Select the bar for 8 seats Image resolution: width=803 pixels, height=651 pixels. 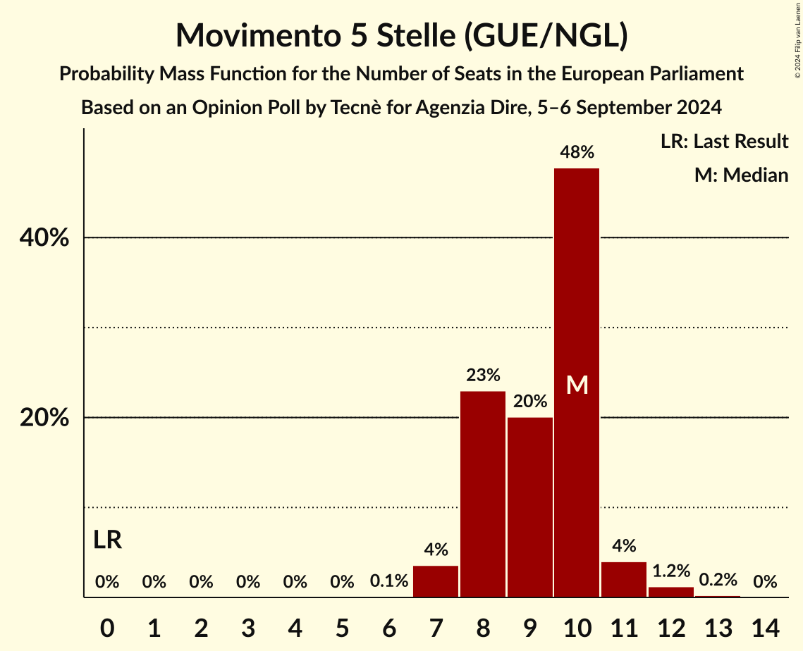483,494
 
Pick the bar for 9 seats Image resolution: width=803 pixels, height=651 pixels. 530,507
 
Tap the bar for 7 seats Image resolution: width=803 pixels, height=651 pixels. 436,581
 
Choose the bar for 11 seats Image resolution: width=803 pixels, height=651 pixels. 624,579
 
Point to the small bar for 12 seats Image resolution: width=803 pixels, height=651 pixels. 671,592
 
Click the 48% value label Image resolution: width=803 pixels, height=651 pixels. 577,151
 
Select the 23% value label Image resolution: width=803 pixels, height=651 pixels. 483,375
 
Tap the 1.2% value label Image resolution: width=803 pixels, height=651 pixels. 671,571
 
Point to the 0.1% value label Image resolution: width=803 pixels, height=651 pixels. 389,581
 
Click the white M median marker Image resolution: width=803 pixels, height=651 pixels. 577,385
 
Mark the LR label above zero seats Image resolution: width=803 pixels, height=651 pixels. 107,540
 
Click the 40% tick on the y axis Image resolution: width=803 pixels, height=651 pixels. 44,238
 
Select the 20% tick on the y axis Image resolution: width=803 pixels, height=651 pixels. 44,418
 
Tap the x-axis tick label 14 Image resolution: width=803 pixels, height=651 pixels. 765,626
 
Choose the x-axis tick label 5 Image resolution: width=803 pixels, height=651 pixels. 342,626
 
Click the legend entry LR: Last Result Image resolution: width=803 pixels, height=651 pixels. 724,142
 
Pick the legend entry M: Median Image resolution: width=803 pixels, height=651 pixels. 741,175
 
